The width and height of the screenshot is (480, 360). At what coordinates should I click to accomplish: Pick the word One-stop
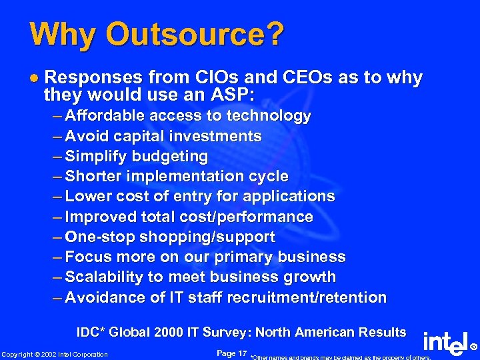tap(99, 237)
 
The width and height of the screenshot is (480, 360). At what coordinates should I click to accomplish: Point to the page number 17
tap(241, 353)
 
